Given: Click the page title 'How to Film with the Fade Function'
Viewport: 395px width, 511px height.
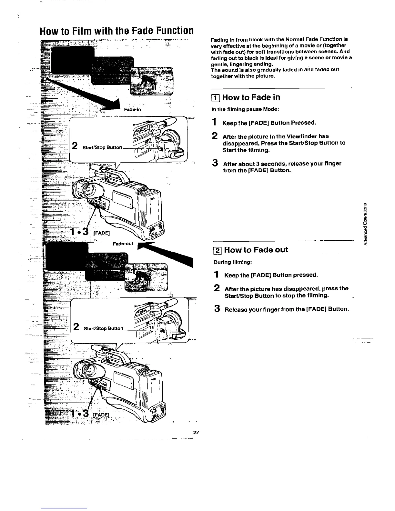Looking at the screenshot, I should point(116,31).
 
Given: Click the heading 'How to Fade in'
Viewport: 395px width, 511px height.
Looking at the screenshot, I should point(251,97).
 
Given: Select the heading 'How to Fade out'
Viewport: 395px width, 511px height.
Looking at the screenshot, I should point(256,250).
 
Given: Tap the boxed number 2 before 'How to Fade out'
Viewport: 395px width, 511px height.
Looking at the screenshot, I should point(218,250).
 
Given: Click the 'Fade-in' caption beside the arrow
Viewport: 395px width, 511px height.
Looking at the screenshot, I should point(132,109).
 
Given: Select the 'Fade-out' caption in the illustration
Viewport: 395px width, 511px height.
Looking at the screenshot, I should point(123,244).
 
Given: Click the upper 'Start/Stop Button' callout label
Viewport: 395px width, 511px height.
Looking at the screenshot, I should point(102,148).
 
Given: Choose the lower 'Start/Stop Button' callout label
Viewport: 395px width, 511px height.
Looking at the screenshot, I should point(104,329).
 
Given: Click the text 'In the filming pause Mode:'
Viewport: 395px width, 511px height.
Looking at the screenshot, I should point(245,109).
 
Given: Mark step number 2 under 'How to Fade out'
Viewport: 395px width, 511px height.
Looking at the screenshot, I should point(218,288).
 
